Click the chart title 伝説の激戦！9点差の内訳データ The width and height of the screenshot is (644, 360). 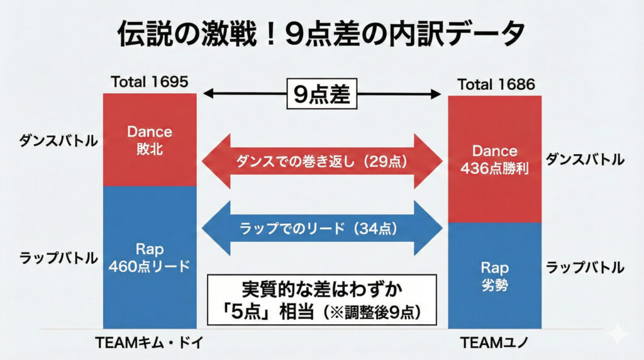pyautogui.click(x=321, y=35)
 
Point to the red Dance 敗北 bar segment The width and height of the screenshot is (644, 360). pyautogui.click(x=150, y=139)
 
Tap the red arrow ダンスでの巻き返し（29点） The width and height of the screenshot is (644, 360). pyautogui.click(x=322, y=161)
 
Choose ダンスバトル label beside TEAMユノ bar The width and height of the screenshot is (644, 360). pyautogui.click(x=585, y=159)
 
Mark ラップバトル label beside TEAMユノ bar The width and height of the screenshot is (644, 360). pyautogui.click(x=585, y=267)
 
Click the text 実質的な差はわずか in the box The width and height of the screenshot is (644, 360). pyautogui.click(x=321, y=290)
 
